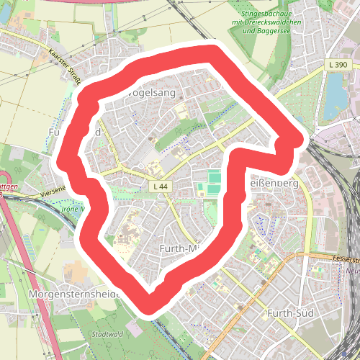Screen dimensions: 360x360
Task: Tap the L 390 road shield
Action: [x=336, y=66]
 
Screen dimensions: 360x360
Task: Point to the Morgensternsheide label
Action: [x=72, y=295]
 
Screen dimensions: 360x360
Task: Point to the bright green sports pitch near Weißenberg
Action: [x=215, y=176]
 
